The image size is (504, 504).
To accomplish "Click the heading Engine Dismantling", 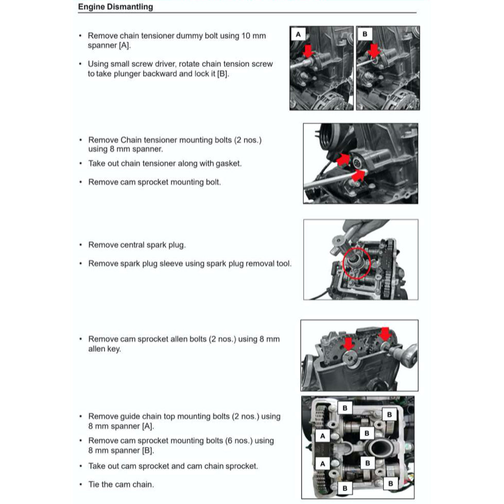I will (x=115, y=7).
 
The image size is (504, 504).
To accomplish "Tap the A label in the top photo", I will (x=298, y=34).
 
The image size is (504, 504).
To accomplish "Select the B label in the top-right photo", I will (x=364, y=34).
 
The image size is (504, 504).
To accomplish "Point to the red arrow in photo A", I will (x=308, y=50).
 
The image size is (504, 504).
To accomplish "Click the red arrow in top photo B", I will (x=374, y=50).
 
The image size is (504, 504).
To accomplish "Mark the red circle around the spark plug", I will (x=357, y=262).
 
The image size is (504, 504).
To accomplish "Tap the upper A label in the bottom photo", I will (x=323, y=436).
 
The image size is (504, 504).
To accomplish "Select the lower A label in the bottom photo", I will (x=323, y=463).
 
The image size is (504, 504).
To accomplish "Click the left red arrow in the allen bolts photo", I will (x=347, y=343).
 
